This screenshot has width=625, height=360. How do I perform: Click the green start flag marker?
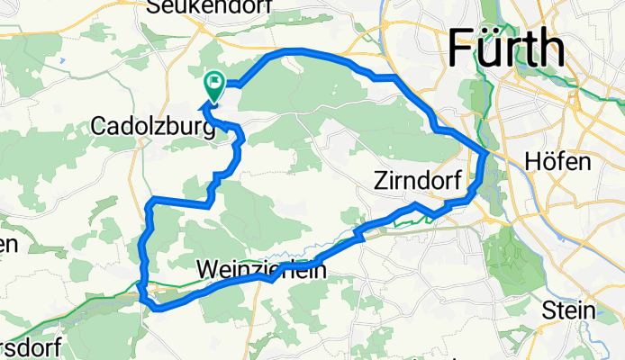(x=214, y=86)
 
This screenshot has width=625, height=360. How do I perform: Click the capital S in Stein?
(x=548, y=310)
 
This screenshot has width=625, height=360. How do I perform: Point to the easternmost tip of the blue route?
(x=487, y=156)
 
